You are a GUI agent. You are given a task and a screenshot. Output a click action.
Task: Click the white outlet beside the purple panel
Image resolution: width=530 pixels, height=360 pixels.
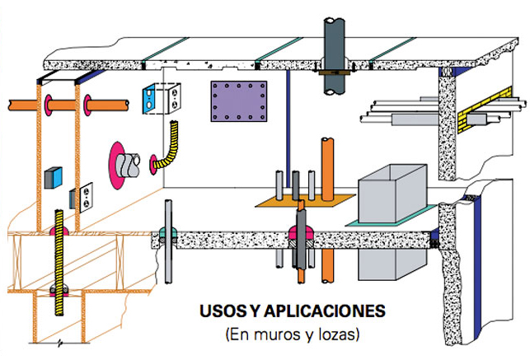(175, 99)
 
